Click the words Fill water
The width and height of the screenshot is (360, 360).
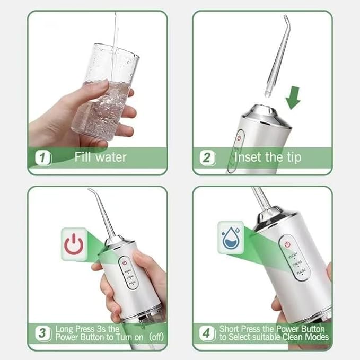tap(100, 157)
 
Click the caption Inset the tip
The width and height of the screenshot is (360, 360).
tap(267, 157)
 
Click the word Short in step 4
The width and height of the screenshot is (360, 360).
tap(229, 329)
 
